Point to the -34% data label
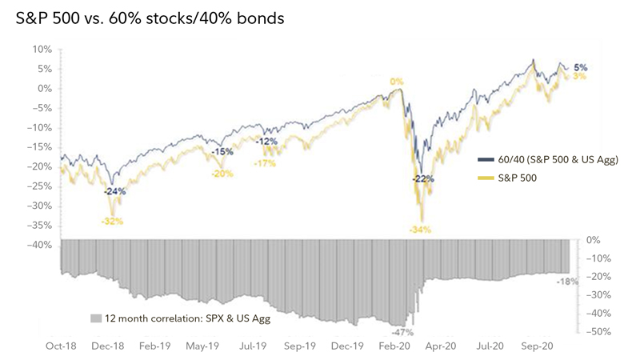(x=420, y=230)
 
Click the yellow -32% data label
(x=112, y=221)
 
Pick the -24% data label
(x=115, y=191)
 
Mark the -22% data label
(x=423, y=178)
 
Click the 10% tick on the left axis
(x=41, y=49)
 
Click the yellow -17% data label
(x=264, y=163)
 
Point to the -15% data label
(x=222, y=151)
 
